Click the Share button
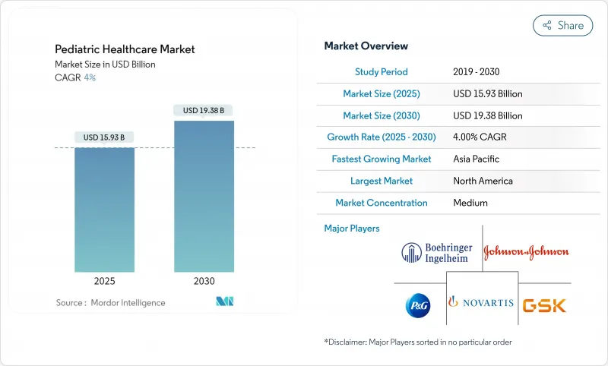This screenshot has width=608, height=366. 562,25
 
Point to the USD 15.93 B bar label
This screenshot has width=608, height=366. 105,137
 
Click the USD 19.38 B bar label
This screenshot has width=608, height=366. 204,111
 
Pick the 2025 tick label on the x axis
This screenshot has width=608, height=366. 105,281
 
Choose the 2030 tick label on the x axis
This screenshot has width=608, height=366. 204,281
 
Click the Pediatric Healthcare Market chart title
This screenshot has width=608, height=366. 125,49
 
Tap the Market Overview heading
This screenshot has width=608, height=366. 366,46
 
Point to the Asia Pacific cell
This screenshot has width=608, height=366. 476,159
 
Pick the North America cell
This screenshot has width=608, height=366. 483,181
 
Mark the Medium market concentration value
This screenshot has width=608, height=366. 470,204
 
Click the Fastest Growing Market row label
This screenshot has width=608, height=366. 382,159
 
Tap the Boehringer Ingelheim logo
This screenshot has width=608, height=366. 437,253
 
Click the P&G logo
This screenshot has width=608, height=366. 417,304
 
